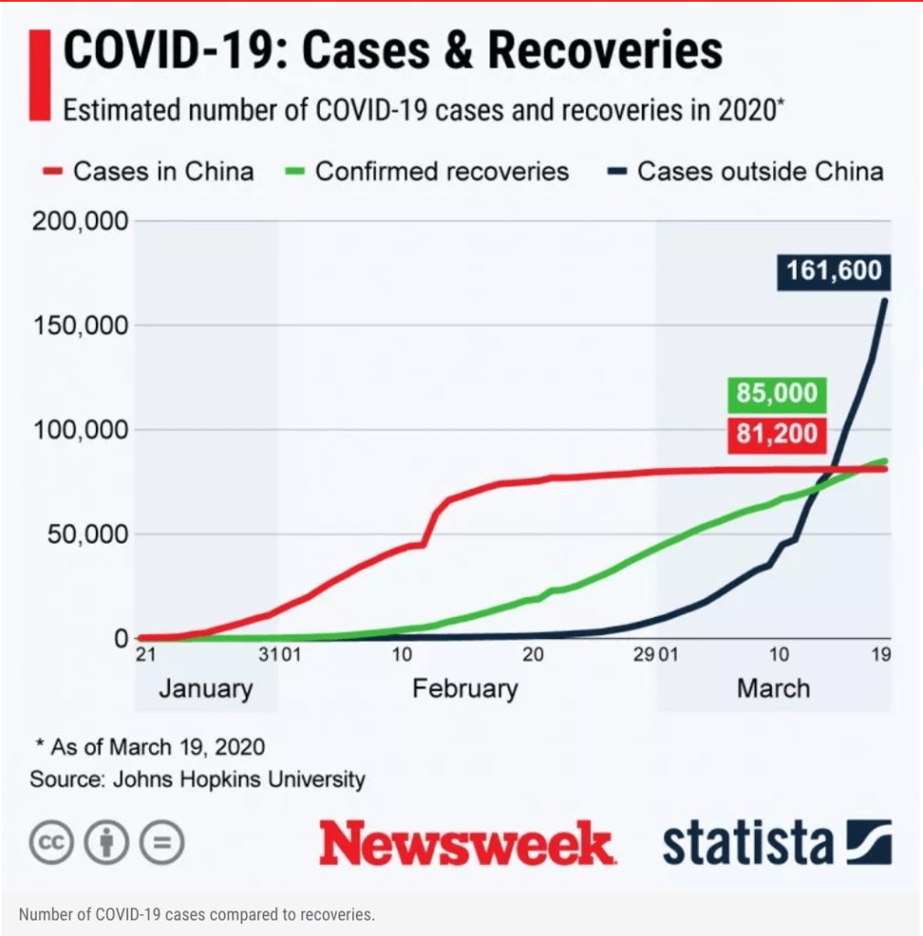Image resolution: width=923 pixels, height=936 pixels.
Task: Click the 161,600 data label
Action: [832, 271]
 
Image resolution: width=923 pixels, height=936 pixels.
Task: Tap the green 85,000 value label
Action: [774, 394]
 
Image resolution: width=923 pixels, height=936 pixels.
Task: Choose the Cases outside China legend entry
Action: [746, 171]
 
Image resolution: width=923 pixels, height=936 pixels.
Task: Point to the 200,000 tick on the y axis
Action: [80, 221]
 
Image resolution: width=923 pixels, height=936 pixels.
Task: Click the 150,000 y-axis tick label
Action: [80, 325]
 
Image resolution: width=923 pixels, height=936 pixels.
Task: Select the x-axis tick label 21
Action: [146, 655]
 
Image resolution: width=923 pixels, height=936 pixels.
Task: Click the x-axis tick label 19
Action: [881, 655]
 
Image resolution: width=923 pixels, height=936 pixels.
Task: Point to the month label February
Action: [465, 687]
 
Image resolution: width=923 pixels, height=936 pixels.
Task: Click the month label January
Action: [205, 687]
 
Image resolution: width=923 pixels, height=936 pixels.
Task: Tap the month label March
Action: [773, 687]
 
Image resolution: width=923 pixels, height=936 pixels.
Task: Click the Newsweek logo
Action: [466, 843]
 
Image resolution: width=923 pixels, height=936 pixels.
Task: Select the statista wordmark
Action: [748, 843]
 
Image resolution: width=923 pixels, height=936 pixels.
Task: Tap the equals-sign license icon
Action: [162, 843]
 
